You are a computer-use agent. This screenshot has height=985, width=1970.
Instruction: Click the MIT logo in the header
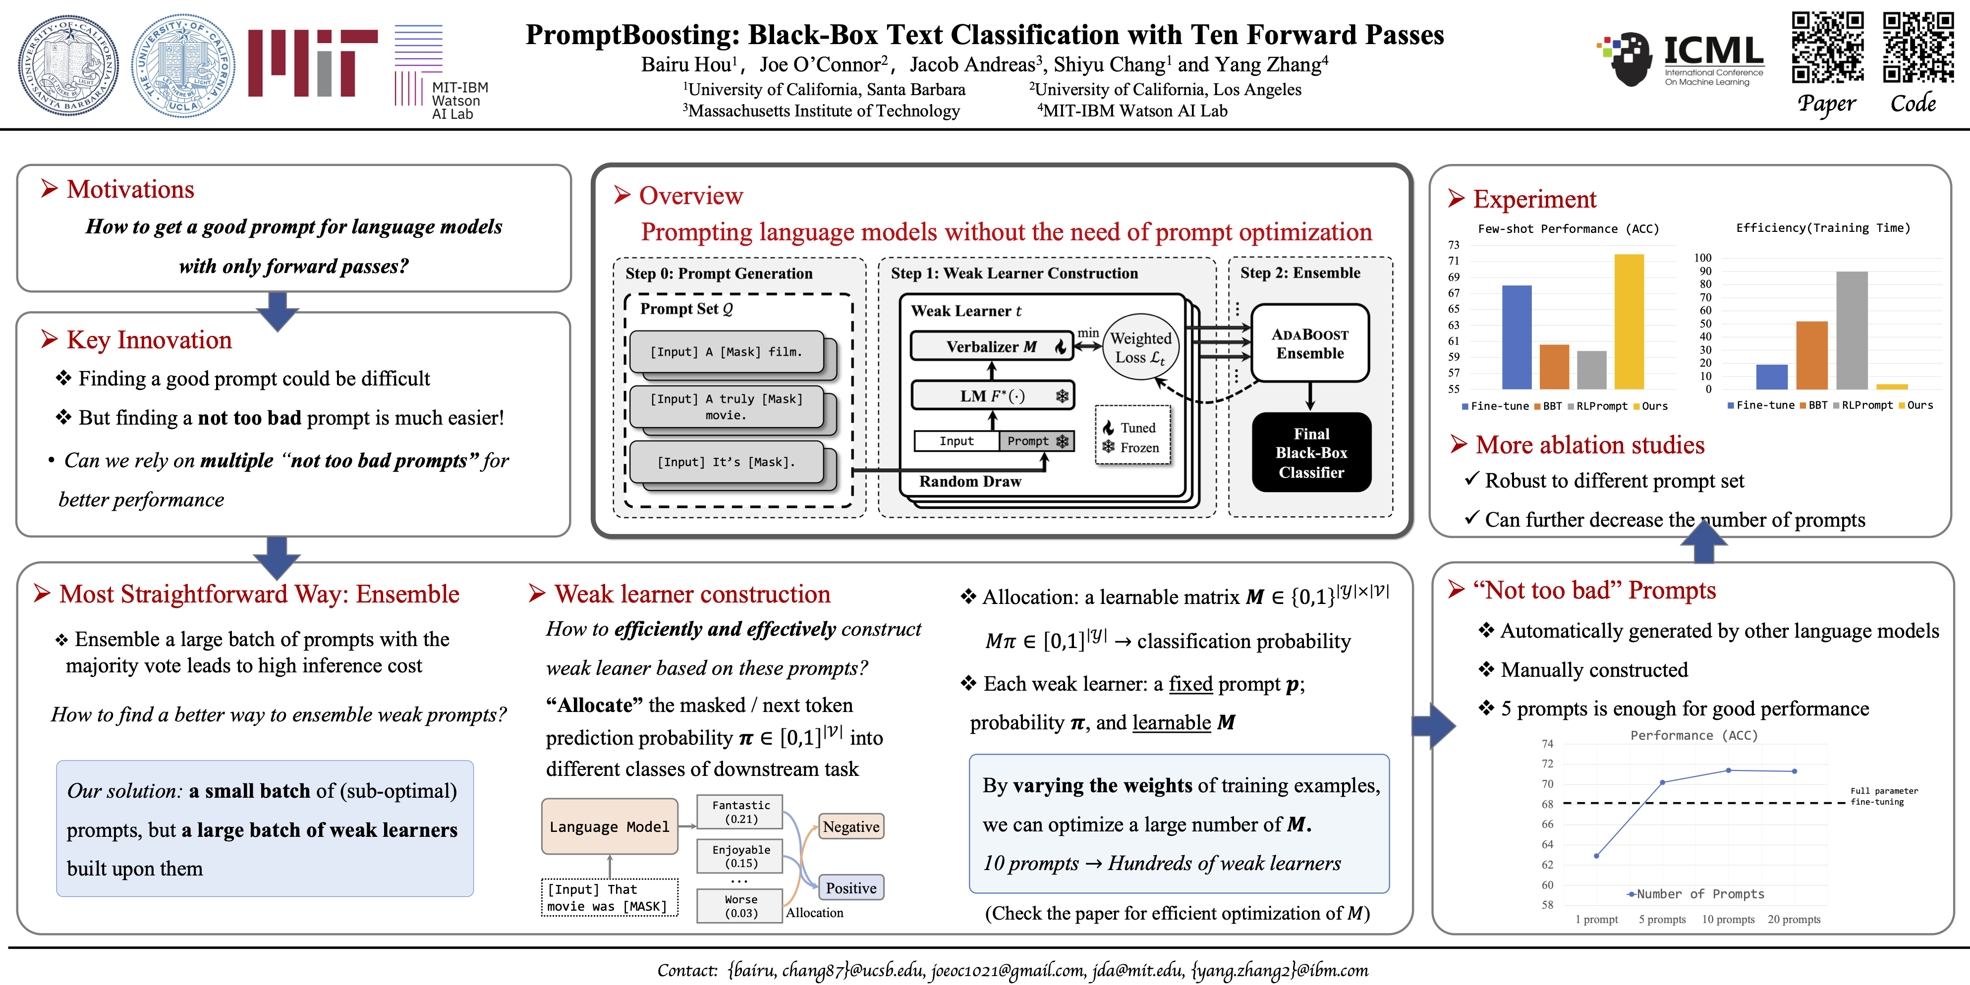312,63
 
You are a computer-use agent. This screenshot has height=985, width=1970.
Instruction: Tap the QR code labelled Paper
1828,48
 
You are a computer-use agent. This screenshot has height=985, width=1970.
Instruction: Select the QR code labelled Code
1918,48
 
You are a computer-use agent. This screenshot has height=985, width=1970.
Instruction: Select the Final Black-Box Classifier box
1311,453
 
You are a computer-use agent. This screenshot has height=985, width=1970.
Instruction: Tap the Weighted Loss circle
1139,348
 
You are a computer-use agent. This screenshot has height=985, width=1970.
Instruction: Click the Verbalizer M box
992,346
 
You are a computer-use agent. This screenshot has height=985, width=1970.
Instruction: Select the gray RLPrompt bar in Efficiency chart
1852,330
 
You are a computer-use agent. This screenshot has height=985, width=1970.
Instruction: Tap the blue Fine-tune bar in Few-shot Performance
1517,336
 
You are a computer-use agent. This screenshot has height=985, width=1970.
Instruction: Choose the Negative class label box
850,826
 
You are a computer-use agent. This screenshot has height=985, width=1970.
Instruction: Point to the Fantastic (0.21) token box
740,812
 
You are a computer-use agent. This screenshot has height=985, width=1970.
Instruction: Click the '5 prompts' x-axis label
1662,919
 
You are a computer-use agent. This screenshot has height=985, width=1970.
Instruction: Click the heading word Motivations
130,190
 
